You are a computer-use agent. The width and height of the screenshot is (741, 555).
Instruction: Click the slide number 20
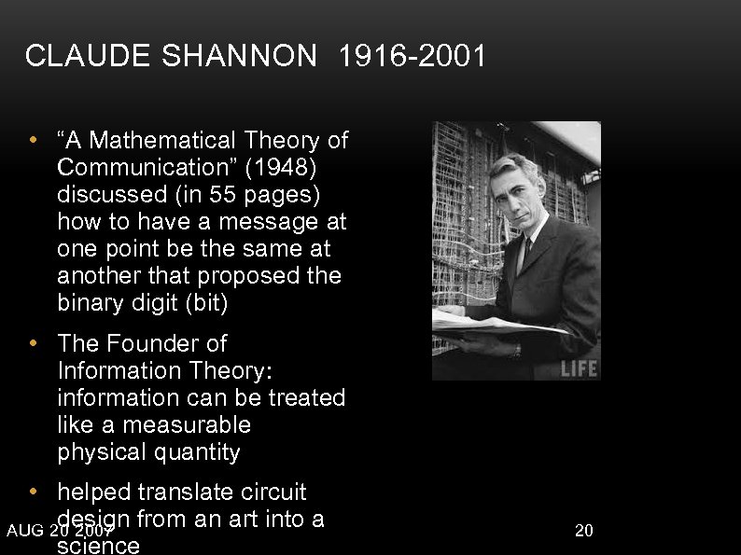point(584,531)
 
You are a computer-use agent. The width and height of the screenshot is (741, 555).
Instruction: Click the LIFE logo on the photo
point(578,367)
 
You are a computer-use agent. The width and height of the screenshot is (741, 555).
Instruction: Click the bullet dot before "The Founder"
point(34,344)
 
